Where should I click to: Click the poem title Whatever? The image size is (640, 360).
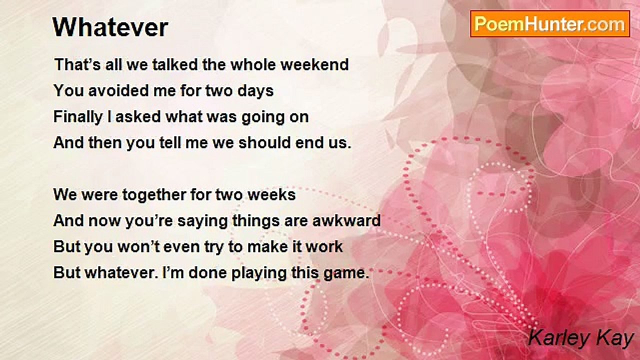pos(110,27)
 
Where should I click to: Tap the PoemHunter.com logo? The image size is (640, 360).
pos(550,24)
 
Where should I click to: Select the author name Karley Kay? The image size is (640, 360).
pos(581,338)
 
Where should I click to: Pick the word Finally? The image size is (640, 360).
pos(78,117)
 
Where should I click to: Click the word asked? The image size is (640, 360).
pos(138,116)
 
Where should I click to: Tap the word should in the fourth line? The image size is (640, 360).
pos(264,142)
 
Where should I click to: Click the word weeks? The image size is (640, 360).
pos(271,194)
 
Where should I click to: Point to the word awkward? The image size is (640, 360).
pos(346,220)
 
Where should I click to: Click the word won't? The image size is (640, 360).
pos(138,246)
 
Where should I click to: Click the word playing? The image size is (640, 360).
pos(259,273)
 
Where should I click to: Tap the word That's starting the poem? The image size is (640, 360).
pos(77,64)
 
